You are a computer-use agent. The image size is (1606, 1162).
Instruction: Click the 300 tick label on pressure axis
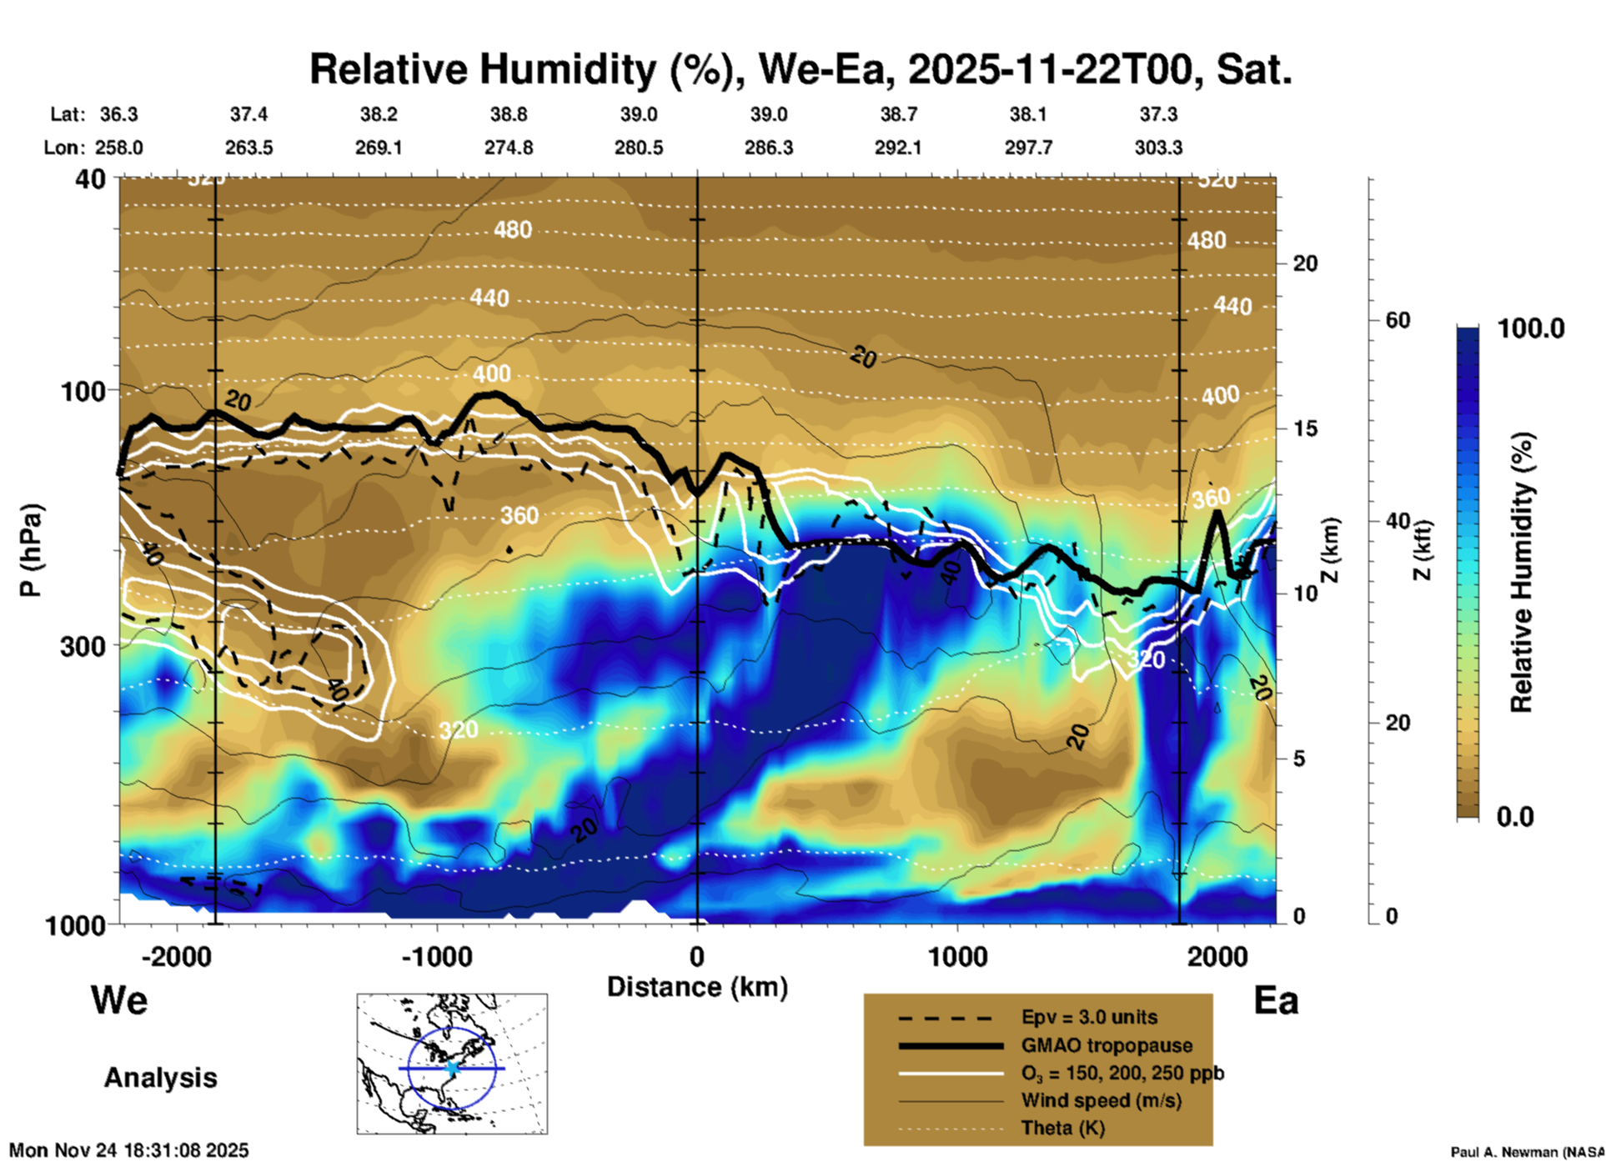pyautogui.click(x=83, y=646)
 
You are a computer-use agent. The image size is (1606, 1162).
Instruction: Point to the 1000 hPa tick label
pyautogui.click(x=74, y=924)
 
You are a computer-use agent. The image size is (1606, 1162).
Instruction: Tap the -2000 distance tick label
pyautogui.click(x=176, y=957)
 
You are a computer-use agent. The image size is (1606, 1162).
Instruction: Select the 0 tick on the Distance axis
pyautogui.click(x=697, y=957)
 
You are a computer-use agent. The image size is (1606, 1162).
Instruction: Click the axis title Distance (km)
pyautogui.click(x=697, y=987)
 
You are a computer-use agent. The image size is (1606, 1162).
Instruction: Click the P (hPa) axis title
pyautogui.click(x=31, y=550)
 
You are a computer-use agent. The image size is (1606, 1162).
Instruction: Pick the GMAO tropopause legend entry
pyautogui.click(x=1107, y=1045)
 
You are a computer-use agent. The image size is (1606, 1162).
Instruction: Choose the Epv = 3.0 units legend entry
pyautogui.click(x=1089, y=1018)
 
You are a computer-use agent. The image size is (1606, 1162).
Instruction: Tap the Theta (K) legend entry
pyautogui.click(x=1062, y=1129)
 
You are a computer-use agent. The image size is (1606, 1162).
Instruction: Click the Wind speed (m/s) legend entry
pyautogui.click(x=1101, y=1101)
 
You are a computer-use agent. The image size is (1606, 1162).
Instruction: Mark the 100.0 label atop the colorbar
pyautogui.click(x=1531, y=328)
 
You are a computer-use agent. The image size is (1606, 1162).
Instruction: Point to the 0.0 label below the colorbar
pyautogui.click(x=1515, y=817)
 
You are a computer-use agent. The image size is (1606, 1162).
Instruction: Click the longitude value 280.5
pyautogui.click(x=639, y=148)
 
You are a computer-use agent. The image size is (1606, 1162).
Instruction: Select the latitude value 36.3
pyautogui.click(x=118, y=114)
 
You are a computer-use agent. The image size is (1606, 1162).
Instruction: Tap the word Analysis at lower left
pyautogui.click(x=160, y=1078)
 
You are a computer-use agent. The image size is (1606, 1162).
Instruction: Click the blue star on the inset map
pyautogui.click(x=453, y=1067)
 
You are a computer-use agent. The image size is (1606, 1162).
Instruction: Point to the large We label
pyautogui.click(x=119, y=1000)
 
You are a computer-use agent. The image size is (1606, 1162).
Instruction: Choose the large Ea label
pyautogui.click(x=1276, y=1000)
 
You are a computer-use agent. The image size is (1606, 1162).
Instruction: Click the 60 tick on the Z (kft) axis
pyautogui.click(x=1398, y=320)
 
